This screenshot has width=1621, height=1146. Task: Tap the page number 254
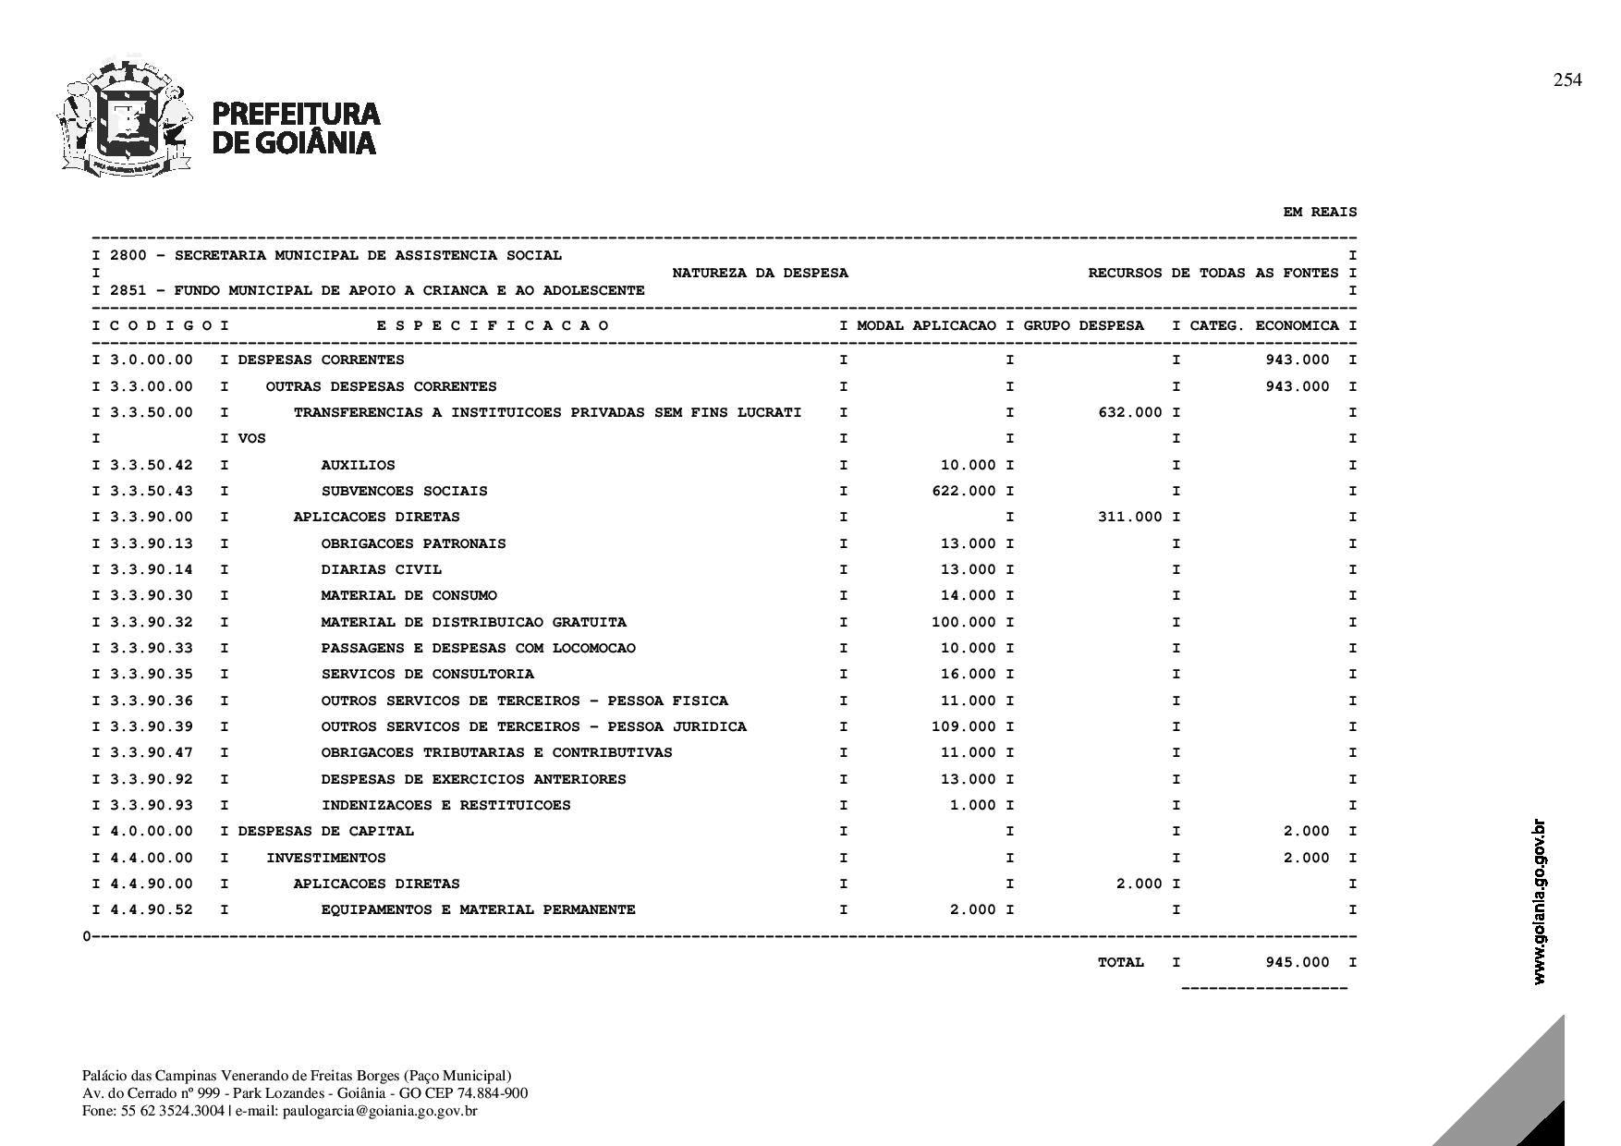pos(1566,80)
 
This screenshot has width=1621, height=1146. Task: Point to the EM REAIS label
pos(1320,213)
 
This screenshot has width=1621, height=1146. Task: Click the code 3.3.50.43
pos(152,491)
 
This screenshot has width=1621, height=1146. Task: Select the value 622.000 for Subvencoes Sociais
pos(964,491)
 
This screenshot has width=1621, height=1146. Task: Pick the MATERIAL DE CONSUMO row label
pos(408,595)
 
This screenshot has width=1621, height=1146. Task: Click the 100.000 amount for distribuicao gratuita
pos(964,622)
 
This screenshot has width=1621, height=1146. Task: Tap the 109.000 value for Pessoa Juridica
pos(964,726)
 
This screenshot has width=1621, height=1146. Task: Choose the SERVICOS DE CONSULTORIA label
pos(427,674)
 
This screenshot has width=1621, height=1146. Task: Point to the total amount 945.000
pos(1297,962)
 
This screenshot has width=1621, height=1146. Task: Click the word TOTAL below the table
pos(1120,962)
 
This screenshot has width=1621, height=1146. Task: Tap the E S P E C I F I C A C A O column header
pos(493,325)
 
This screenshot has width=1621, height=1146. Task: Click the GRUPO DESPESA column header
pos(1083,325)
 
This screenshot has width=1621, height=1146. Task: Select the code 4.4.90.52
pos(152,909)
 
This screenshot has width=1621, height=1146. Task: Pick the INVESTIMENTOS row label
pos(325,858)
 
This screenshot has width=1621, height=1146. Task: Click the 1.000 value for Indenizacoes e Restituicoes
pos(973,805)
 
